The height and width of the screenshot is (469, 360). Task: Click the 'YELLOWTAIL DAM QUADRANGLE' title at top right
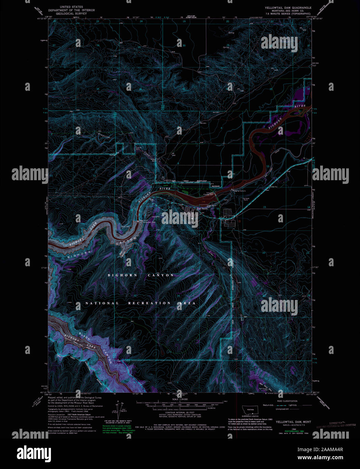[288, 7]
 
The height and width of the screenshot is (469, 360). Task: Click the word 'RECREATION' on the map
[149, 303]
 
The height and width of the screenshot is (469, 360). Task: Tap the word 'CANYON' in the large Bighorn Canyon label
[161, 275]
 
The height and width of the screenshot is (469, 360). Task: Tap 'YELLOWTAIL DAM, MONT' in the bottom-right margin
[293, 422]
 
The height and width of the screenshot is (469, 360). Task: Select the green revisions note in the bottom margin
[118, 429]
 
